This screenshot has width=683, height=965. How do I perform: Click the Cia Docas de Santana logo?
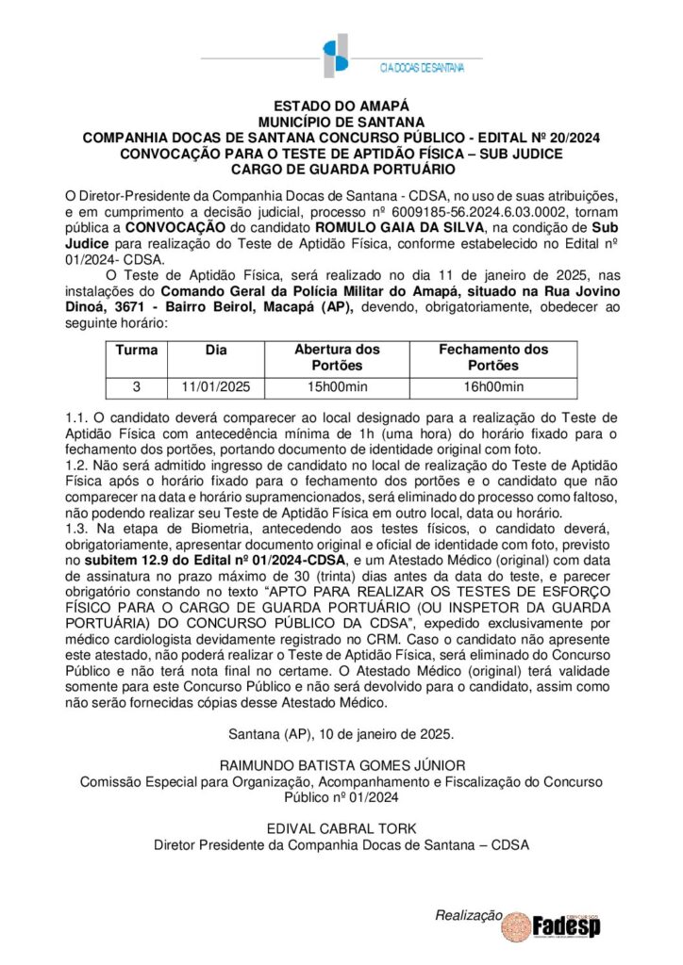[341, 57]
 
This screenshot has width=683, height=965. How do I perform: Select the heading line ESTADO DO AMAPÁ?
[341, 107]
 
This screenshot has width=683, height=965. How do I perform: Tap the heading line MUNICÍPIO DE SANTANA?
[341, 123]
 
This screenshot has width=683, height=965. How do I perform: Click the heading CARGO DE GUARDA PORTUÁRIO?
[341, 169]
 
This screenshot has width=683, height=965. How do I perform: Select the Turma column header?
[137, 350]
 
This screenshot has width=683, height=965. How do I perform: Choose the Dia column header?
[216, 350]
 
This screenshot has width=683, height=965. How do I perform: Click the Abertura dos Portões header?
[337, 357]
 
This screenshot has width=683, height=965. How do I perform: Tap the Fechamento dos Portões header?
[493, 357]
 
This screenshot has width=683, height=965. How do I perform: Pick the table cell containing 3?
[137, 386]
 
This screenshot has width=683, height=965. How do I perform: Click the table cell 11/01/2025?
[216, 386]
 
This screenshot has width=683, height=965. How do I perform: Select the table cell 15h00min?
[337, 386]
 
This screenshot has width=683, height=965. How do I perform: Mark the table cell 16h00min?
[493, 386]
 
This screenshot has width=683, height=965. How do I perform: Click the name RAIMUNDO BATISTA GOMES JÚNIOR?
[341, 765]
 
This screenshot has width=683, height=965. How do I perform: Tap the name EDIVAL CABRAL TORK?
[341, 828]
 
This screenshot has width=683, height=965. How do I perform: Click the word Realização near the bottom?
[466, 915]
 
